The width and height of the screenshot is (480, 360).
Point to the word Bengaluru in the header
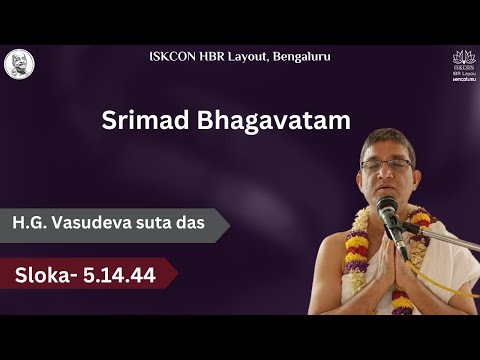click(x=298, y=56)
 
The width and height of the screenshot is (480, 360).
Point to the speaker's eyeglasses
click(x=386, y=164)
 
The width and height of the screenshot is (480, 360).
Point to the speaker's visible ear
click(x=413, y=170)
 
